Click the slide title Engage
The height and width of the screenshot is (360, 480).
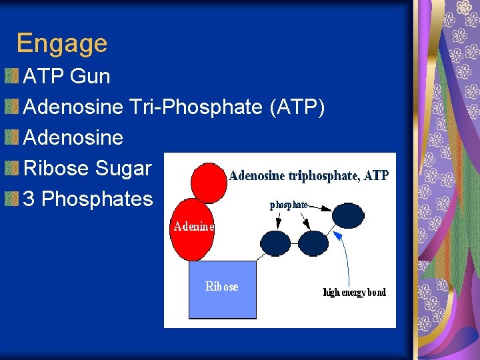tap(61, 43)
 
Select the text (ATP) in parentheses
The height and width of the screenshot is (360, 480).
tap(297, 107)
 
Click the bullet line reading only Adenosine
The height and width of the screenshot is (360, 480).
tap(73, 137)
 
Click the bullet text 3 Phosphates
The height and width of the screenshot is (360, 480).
tap(88, 199)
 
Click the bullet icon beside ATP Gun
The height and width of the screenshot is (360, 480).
tap(11, 76)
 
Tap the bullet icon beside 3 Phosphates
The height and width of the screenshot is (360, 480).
tap(11, 199)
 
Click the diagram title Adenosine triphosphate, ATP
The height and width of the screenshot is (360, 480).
tap(309, 176)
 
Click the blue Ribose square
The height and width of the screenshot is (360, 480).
tap(222, 290)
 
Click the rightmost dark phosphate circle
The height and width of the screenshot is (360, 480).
tap(347, 215)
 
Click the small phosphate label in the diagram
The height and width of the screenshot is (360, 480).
tap(289, 205)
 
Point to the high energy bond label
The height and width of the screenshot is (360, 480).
tap(354, 293)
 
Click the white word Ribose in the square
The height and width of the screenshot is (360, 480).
tap(221, 287)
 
